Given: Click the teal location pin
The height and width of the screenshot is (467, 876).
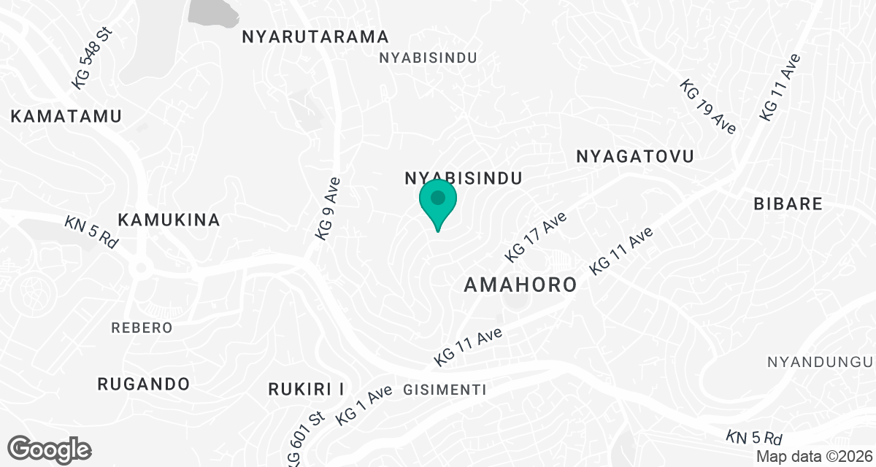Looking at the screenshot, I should pyautogui.click(x=438, y=201).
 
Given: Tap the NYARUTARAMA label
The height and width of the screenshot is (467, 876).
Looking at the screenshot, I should pyautogui.click(x=316, y=36).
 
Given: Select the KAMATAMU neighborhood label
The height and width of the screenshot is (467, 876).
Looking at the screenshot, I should pyautogui.click(x=66, y=116).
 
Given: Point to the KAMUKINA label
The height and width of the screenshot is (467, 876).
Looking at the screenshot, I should pyautogui.click(x=169, y=220).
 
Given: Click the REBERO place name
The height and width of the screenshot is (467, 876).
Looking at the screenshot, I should pyautogui.click(x=142, y=328).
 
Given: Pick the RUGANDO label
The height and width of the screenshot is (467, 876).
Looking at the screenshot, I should pyautogui.click(x=144, y=384).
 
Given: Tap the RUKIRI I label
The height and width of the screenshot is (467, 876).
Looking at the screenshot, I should pyautogui.click(x=306, y=388).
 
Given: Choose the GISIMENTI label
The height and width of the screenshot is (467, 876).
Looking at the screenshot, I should pyautogui.click(x=445, y=390).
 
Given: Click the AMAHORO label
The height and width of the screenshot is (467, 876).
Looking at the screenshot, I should pyautogui.click(x=520, y=285).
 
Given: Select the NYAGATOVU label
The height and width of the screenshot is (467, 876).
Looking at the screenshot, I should pyautogui.click(x=634, y=156).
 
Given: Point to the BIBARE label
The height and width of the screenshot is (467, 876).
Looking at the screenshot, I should pyautogui.click(x=788, y=204).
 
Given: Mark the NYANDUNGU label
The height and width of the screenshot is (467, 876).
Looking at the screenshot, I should pyautogui.click(x=820, y=362).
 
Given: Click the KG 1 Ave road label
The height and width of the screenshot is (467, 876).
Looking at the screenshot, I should pyautogui.click(x=364, y=405).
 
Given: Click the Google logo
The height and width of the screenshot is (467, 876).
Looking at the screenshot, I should pyautogui.click(x=50, y=449).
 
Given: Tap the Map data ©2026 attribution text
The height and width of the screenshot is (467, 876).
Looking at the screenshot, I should pyautogui.click(x=813, y=456).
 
